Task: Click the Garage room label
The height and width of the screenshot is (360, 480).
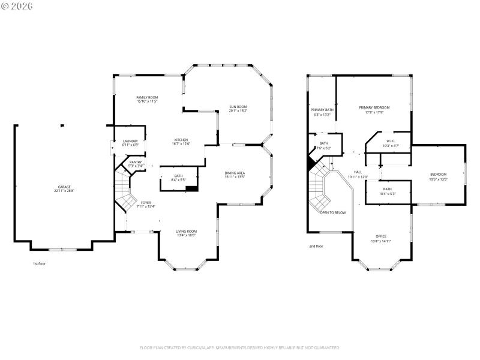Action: click(64, 187)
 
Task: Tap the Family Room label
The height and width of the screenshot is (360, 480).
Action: click(147, 97)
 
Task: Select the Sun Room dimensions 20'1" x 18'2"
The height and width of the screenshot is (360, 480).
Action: click(238, 111)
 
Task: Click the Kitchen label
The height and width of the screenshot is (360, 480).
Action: click(181, 139)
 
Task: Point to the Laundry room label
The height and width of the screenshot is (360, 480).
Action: click(130, 141)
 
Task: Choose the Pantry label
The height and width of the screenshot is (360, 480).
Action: click(136, 162)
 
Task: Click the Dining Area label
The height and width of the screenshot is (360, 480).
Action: click(235, 173)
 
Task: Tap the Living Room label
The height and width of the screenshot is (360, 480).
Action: click(186, 231)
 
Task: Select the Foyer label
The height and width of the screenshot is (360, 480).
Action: click(146, 203)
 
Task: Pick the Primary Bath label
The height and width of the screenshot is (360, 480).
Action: click(322, 110)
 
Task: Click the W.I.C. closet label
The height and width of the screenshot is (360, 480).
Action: click(391, 141)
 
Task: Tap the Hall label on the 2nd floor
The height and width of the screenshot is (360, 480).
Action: click(358, 172)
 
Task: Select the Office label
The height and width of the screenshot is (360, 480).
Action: click(381, 236)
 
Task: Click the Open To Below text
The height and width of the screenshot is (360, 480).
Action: click(332, 212)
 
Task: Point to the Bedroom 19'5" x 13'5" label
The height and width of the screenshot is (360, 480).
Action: click(438, 175)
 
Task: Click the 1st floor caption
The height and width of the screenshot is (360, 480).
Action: click(39, 263)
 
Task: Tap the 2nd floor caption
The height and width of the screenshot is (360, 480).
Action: click(316, 246)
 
